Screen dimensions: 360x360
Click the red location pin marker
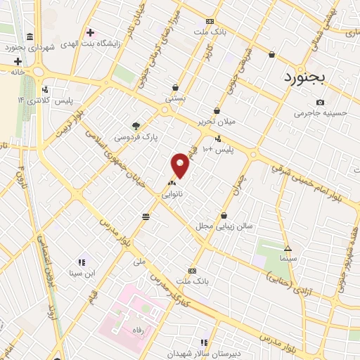pyautogui.click(x=181, y=165)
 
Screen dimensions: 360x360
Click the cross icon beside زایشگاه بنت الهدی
pyautogui.click(x=89, y=32)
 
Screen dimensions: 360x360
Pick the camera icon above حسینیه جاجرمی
pyautogui.click(x=320, y=102)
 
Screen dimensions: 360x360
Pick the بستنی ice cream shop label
pyautogui.click(x=175, y=99)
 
